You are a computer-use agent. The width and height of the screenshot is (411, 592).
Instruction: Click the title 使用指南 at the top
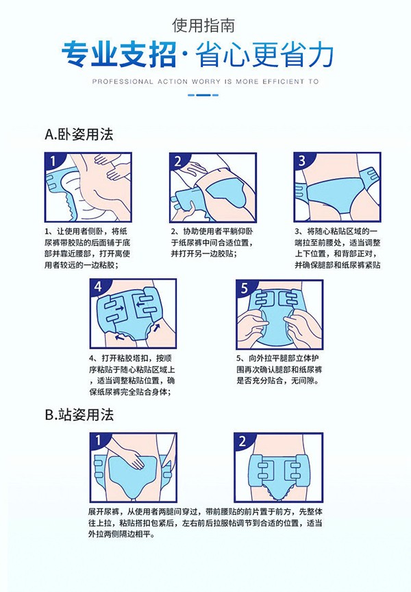point(205,27)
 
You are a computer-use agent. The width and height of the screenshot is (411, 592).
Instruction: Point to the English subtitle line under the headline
point(205,81)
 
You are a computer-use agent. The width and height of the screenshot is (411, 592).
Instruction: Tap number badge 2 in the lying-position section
point(178,162)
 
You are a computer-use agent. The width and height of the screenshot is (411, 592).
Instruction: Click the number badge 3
point(301,162)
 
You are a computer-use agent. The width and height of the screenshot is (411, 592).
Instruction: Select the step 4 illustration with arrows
point(131,312)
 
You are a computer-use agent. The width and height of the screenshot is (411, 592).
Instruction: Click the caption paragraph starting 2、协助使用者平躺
point(211,243)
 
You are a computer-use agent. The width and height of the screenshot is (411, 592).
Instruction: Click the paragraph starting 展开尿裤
point(205,522)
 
